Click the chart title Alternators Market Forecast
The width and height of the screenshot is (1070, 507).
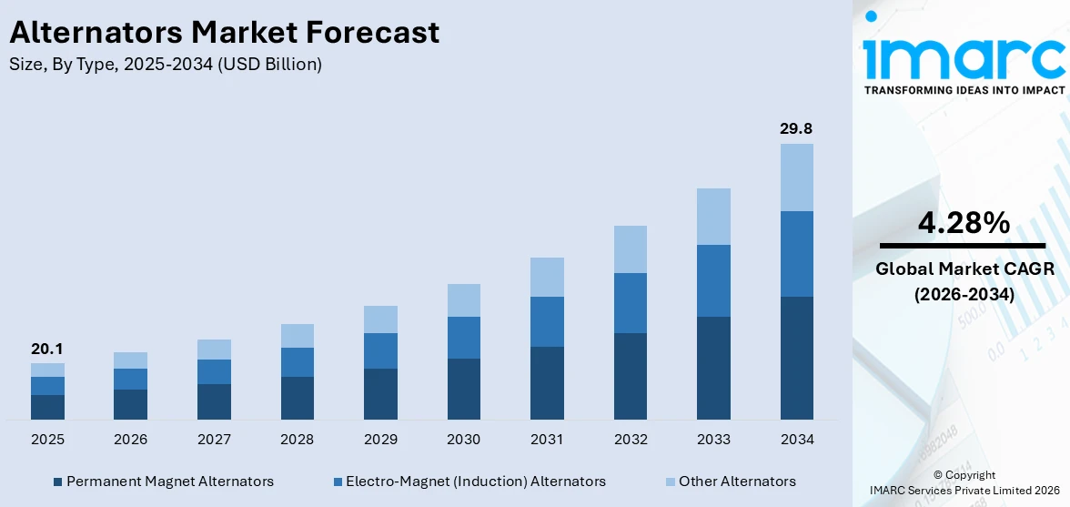coord(224,33)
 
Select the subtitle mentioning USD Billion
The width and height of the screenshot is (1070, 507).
coord(165,65)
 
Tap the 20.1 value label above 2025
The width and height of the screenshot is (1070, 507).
coord(46,349)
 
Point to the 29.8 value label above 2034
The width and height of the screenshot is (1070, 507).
coord(796,128)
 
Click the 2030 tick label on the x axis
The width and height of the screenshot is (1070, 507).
coord(463,440)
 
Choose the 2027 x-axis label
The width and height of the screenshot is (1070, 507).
coord(214,440)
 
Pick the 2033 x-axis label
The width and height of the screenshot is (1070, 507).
coord(713,440)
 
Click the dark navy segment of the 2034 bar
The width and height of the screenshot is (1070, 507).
coord(796,358)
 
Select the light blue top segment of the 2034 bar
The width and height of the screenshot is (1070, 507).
coord(796,177)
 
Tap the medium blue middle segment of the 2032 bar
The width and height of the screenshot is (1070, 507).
coord(630,303)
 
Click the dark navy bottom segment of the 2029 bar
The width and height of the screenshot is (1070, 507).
coord(380,394)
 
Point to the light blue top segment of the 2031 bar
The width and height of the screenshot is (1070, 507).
coord(547,277)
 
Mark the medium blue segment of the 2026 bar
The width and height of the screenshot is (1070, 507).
coord(130,379)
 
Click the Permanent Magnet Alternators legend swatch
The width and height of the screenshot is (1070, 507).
coord(58,482)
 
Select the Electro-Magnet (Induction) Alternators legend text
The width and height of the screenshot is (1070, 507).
coord(475,482)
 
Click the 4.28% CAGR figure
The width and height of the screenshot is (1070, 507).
coord(962,222)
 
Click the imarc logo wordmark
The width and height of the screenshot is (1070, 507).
coord(964,56)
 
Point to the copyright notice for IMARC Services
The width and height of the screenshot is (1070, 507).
coord(964,482)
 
